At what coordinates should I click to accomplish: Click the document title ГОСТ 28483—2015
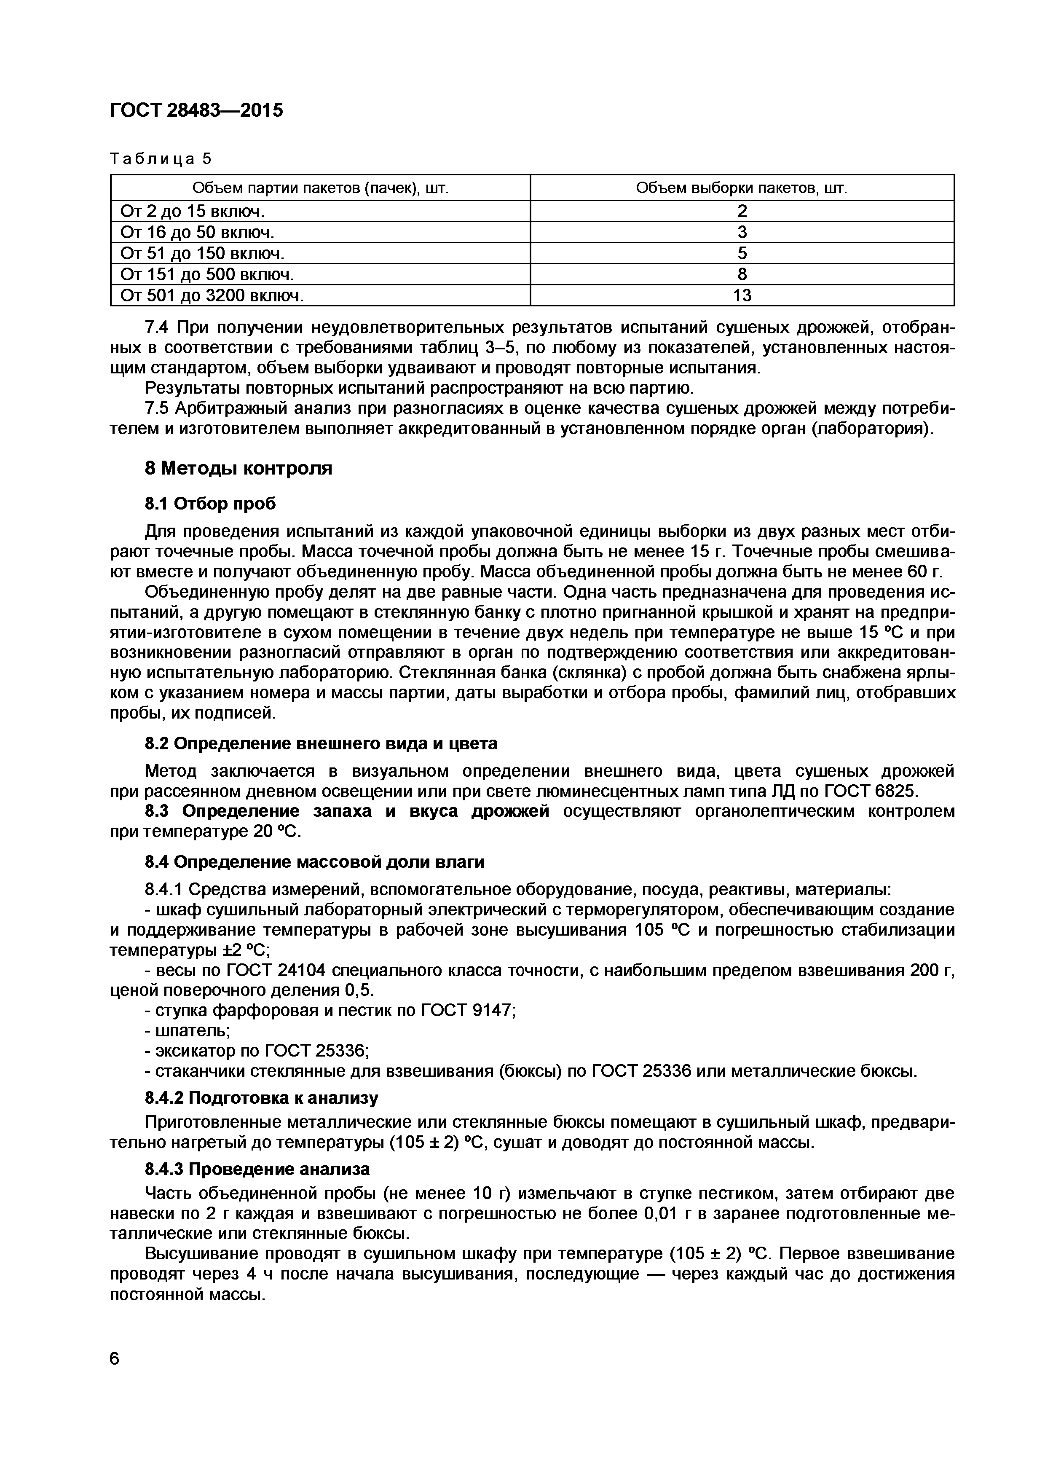tap(196, 111)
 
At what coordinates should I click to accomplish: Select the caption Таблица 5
tap(161, 158)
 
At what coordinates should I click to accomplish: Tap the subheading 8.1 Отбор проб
tap(210, 503)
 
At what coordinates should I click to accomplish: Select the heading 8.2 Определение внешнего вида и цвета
tap(320, 743)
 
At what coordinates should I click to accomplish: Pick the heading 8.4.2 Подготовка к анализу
tap(261, 1097)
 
